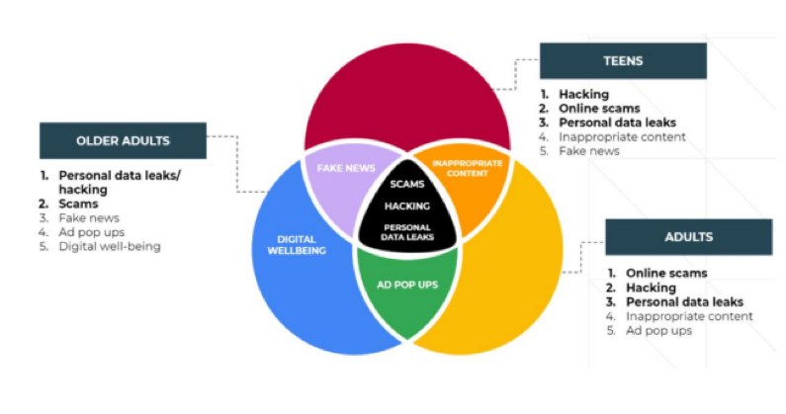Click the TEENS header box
623,60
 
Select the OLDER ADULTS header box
124,140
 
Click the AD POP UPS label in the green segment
406,285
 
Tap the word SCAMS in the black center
407,185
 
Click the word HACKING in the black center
407,207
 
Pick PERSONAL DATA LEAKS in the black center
407,233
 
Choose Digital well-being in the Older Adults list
109,246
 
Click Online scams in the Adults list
666,274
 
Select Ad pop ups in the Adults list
656,331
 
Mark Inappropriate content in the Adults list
689,316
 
